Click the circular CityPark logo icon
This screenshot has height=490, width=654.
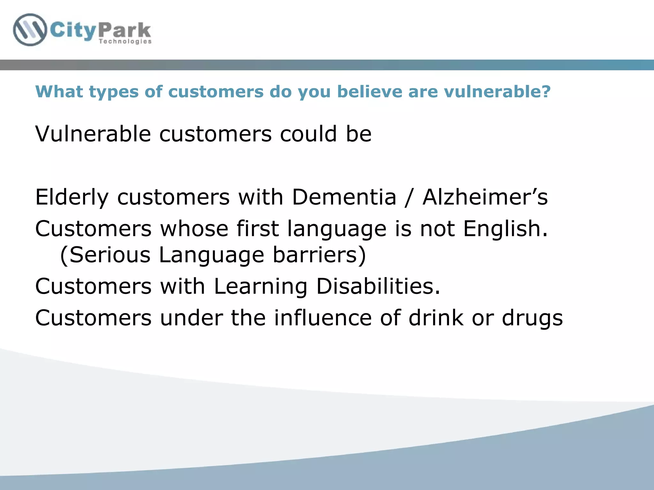(30, 30)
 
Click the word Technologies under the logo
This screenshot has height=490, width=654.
(125, 41)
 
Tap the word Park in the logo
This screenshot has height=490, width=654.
(125, 30)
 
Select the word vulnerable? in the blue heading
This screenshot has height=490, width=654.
(497, 92)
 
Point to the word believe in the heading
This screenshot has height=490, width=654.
(369, 92)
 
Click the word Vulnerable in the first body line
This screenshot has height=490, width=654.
(93, 134)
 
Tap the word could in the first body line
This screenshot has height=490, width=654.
(308, 134)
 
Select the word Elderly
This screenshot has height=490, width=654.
(72, 197)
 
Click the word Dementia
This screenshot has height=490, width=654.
(344, 197)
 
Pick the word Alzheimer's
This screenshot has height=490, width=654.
(485, 197)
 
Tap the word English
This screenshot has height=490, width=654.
(505, 228)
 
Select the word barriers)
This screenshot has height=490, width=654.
(319, 255)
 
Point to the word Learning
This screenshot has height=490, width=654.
(260, 286)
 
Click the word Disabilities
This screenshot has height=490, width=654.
(378, 286)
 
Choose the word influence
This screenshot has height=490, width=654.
(323, 318)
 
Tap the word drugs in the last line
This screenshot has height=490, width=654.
(532, 318)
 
